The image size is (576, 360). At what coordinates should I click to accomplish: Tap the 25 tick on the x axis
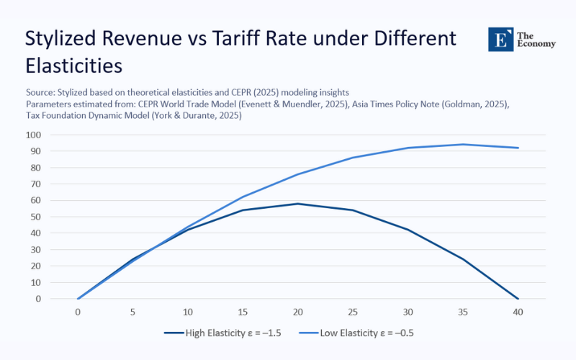click(353, 313)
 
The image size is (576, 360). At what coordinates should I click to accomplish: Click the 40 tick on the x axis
click(518, 313)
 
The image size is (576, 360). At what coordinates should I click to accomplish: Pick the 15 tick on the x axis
click(243, 313)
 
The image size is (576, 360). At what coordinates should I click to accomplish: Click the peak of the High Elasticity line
click(297, 204)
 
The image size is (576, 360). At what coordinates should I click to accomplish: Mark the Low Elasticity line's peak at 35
click(463, 145)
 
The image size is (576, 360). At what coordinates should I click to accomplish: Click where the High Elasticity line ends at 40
click(518, 298)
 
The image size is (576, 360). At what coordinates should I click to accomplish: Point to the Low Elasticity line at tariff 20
click(297, 174)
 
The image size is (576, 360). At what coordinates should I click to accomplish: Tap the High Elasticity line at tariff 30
click(408, 230)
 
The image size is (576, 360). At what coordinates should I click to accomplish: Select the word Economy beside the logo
click(537, 44)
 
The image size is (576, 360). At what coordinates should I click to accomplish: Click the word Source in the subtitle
click(41, 92)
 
